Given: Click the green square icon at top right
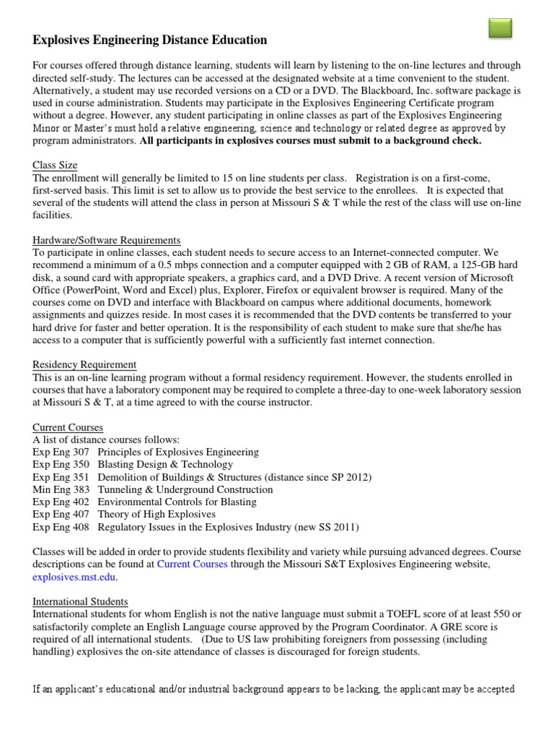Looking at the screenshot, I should click(x=500, y=28).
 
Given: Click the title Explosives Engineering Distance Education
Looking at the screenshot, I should click(x=150, y=40).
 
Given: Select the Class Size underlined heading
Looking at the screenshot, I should click(x=56, y=165).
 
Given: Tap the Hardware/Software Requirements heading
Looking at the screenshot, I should click(x=107, y=240).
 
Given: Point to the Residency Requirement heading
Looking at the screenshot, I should click(x=84, y=365).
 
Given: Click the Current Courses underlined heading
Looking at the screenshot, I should click(x=68, y=427).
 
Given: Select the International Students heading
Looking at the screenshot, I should click(x=80, y=601).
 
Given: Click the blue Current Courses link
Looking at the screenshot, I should click(x=192, y=564).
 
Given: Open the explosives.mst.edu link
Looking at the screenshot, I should click(x=74, y=577).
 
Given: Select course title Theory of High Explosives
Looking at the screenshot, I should click(x=157, y=514).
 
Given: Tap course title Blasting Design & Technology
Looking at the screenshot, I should click(x=165, y=465).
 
